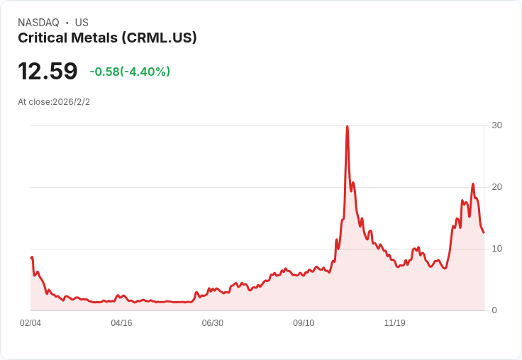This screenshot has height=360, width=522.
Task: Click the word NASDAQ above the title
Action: pyautogui.click(x=38, y=23)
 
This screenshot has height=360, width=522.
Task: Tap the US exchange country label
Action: pyautogui.click(x=82, y=23)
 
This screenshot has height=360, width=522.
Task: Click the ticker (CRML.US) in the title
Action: pyautogui.click(x=159, y=38)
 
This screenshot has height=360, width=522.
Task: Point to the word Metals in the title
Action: pyautogui.click(x=94, y=38)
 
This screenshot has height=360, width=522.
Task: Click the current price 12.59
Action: pyautogui.click(x=48, y=71)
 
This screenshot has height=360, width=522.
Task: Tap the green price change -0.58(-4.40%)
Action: pyautogui.click(x=130, y=72)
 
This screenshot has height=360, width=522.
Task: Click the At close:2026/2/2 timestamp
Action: pyautogui.click(x=54, y=102)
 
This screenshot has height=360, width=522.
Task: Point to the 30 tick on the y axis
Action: pyautogui.click(x=496, y=125)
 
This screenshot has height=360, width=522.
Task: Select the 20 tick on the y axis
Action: pyautogui.click(x=496, y=187)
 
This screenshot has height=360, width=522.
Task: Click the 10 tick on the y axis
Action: pyautogui.click(x=496, y=249)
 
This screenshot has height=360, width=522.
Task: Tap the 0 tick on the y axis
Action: pyautogui.click(x=494, y=310)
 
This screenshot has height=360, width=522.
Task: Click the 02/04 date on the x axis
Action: pyautogui.click(x=30, y=323)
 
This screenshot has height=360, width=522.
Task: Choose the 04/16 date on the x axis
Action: pyautogui.click(x=121, y=323)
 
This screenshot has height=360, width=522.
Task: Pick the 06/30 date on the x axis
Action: pyautogui.click(x=212, y=323)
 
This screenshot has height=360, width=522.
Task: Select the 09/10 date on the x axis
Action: pyautogui.click(x=304, y=323)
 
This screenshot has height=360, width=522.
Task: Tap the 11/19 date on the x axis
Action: pyautogui.click(x=395, y=323)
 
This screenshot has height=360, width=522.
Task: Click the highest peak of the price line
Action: pyautogui.click(x=348, y=126)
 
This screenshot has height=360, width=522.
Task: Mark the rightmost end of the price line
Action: pyautogui.click(x=484, y=232)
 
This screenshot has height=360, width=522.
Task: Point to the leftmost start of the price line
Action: pyautogui.click(x=31, y=257)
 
